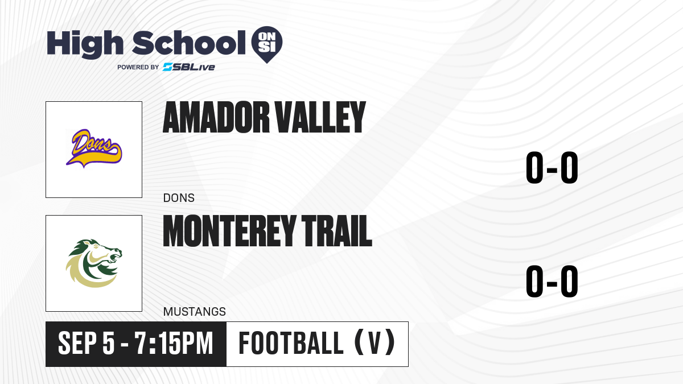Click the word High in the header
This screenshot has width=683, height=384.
point(85,44)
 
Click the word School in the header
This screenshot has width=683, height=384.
point(189,43)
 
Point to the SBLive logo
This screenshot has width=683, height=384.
point(189,67)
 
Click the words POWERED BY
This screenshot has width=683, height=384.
point(138,67)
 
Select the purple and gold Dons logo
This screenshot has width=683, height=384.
point(94,148)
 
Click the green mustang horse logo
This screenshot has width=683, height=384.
point(94,263)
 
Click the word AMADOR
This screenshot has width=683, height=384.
point(216,117)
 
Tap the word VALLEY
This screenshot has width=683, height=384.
point(320,117)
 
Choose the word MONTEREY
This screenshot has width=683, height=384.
point(229,231)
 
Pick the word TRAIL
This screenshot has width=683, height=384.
point(336,231)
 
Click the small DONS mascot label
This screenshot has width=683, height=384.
point(179,198)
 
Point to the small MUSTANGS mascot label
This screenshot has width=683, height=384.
point(195,312)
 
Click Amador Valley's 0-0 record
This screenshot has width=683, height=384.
point(552,168)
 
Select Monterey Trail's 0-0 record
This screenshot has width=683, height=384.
point(552,281)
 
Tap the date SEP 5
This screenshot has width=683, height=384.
point(87,344)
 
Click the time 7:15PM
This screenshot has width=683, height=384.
point(174,344)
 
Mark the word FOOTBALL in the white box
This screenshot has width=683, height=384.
point(291,344)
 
